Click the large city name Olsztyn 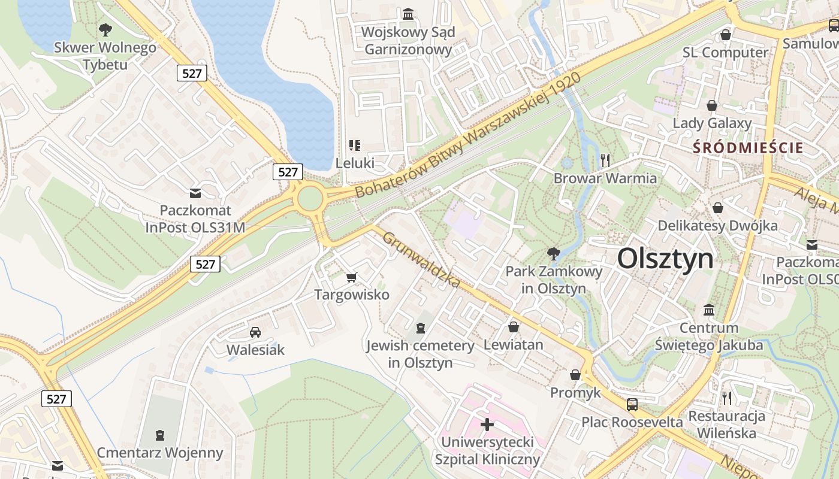(x=665, y=259)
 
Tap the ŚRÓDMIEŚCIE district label (x=748, y=147)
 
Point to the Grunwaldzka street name (x=421, y=259)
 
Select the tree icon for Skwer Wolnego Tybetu (x=105, y=28)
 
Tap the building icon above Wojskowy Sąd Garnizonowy (x=409, y=13)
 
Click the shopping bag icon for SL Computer (x=726, y=35)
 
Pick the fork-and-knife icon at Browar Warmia (x=605, y=160)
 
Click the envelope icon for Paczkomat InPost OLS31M (x=195, y=193)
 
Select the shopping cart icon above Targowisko (x=352, y=277)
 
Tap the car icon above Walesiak (x=255, y=332)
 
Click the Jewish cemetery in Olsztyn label (x=420, y=354)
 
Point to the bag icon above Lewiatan (x=513, y=327)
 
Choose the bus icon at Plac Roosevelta (x=632, y=404)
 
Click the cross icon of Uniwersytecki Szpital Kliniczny (x=487, y=425)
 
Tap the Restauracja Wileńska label (x=727, y=425)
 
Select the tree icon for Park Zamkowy (x=554, y=253)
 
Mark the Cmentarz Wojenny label (x=160, y=453)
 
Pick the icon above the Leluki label (x=355, y=145)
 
